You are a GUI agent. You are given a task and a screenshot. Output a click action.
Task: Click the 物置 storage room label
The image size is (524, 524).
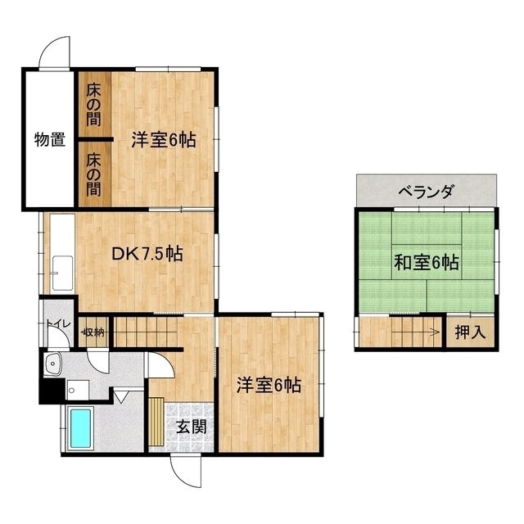point(50,139)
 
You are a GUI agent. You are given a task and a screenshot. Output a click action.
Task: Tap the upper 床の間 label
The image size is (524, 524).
point(94,105)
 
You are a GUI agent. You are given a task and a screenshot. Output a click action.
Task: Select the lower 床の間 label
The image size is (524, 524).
point(94,174)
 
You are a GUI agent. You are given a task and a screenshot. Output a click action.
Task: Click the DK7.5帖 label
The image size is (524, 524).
point(147,254)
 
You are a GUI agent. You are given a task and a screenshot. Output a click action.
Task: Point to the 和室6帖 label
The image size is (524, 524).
point(427,262)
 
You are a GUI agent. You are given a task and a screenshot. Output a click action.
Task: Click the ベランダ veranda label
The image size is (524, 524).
point(427,192)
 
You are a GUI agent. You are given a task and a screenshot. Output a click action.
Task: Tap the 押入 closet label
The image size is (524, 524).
point(470,332)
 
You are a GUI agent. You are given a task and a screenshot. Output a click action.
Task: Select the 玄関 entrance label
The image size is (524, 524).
point(191,427)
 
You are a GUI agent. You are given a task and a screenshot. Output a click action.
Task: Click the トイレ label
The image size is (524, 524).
point(58,323)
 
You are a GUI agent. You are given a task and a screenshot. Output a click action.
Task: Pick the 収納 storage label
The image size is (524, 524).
point(94,332)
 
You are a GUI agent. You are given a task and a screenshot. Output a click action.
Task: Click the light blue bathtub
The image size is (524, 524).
point(80,429)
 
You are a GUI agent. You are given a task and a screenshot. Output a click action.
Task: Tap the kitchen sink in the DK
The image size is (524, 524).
point(62,273)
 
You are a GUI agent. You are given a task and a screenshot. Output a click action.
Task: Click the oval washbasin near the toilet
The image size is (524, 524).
point(52,364)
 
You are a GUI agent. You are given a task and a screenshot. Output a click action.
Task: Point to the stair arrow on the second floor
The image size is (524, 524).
point(415,332)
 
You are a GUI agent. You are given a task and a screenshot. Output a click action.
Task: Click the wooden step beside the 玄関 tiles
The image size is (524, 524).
point(156,422)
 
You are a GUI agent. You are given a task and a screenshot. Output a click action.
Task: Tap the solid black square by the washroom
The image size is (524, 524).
point(50,391)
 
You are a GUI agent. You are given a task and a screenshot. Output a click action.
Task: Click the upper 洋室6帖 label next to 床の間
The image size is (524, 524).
point(164,139)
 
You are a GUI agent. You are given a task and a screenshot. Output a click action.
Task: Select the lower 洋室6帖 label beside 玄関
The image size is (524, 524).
point(269,385)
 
